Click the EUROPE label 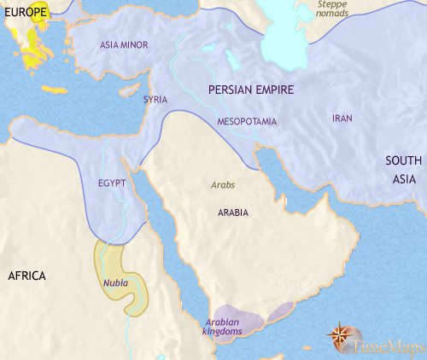pyautogui.click(x=25, y=14)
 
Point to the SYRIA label pyautogui.click(x=155, y=100)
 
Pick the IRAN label pyautogui.click(x=342, y=119)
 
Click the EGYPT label pyautogui.click(x=112, y=183)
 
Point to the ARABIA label pyautogui.click(x=232, y=212)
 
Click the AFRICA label pyautogui.click(x=28, y=276)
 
